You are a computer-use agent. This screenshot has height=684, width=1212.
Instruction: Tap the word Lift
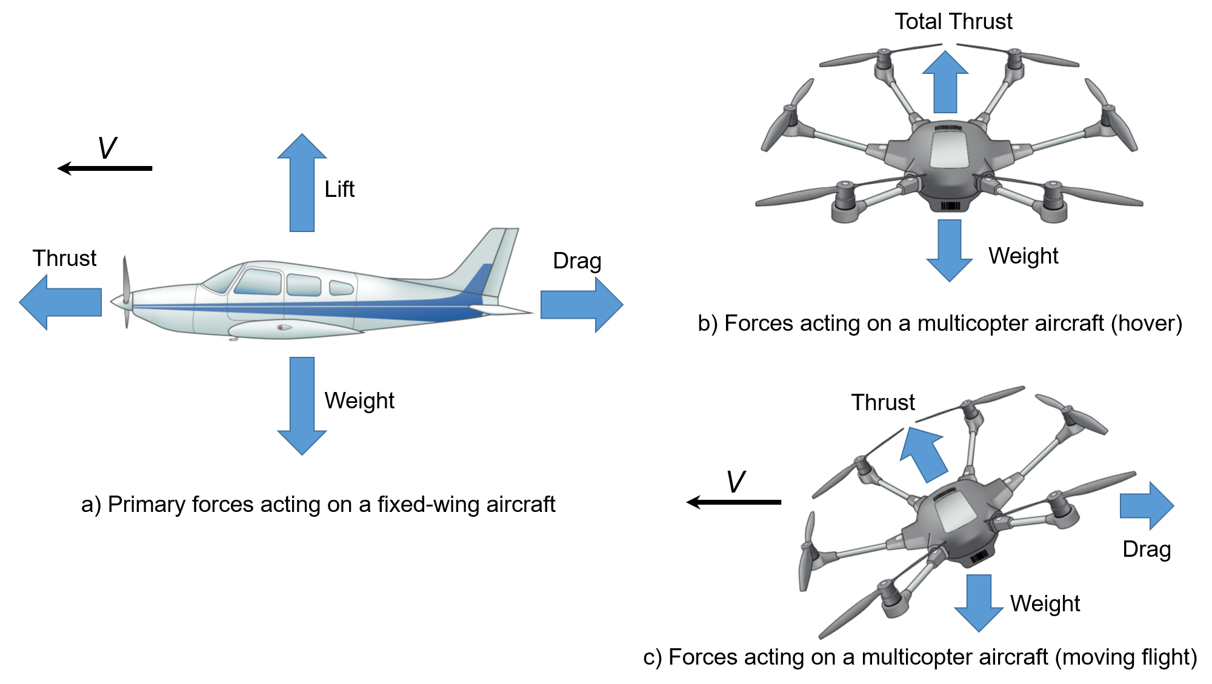[x=339, y=189]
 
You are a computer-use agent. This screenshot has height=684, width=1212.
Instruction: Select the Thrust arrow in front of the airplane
[x=61, y=302]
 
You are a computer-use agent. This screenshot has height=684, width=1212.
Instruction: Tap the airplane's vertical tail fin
[x=494, y=261]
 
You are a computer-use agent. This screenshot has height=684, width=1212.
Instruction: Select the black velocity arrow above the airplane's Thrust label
[x=105, y=168]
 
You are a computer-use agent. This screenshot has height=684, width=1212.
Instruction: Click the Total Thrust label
[x=953, y=22]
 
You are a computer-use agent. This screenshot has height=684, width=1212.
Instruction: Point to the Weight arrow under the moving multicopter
[x=979, y=602]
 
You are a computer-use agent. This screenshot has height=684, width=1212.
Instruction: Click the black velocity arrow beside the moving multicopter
[x=734, y=502]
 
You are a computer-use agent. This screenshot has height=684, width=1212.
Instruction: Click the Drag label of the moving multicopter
[x=1147, y=549]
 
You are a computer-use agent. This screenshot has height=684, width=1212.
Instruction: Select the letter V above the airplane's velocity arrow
[x=107, y=148]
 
